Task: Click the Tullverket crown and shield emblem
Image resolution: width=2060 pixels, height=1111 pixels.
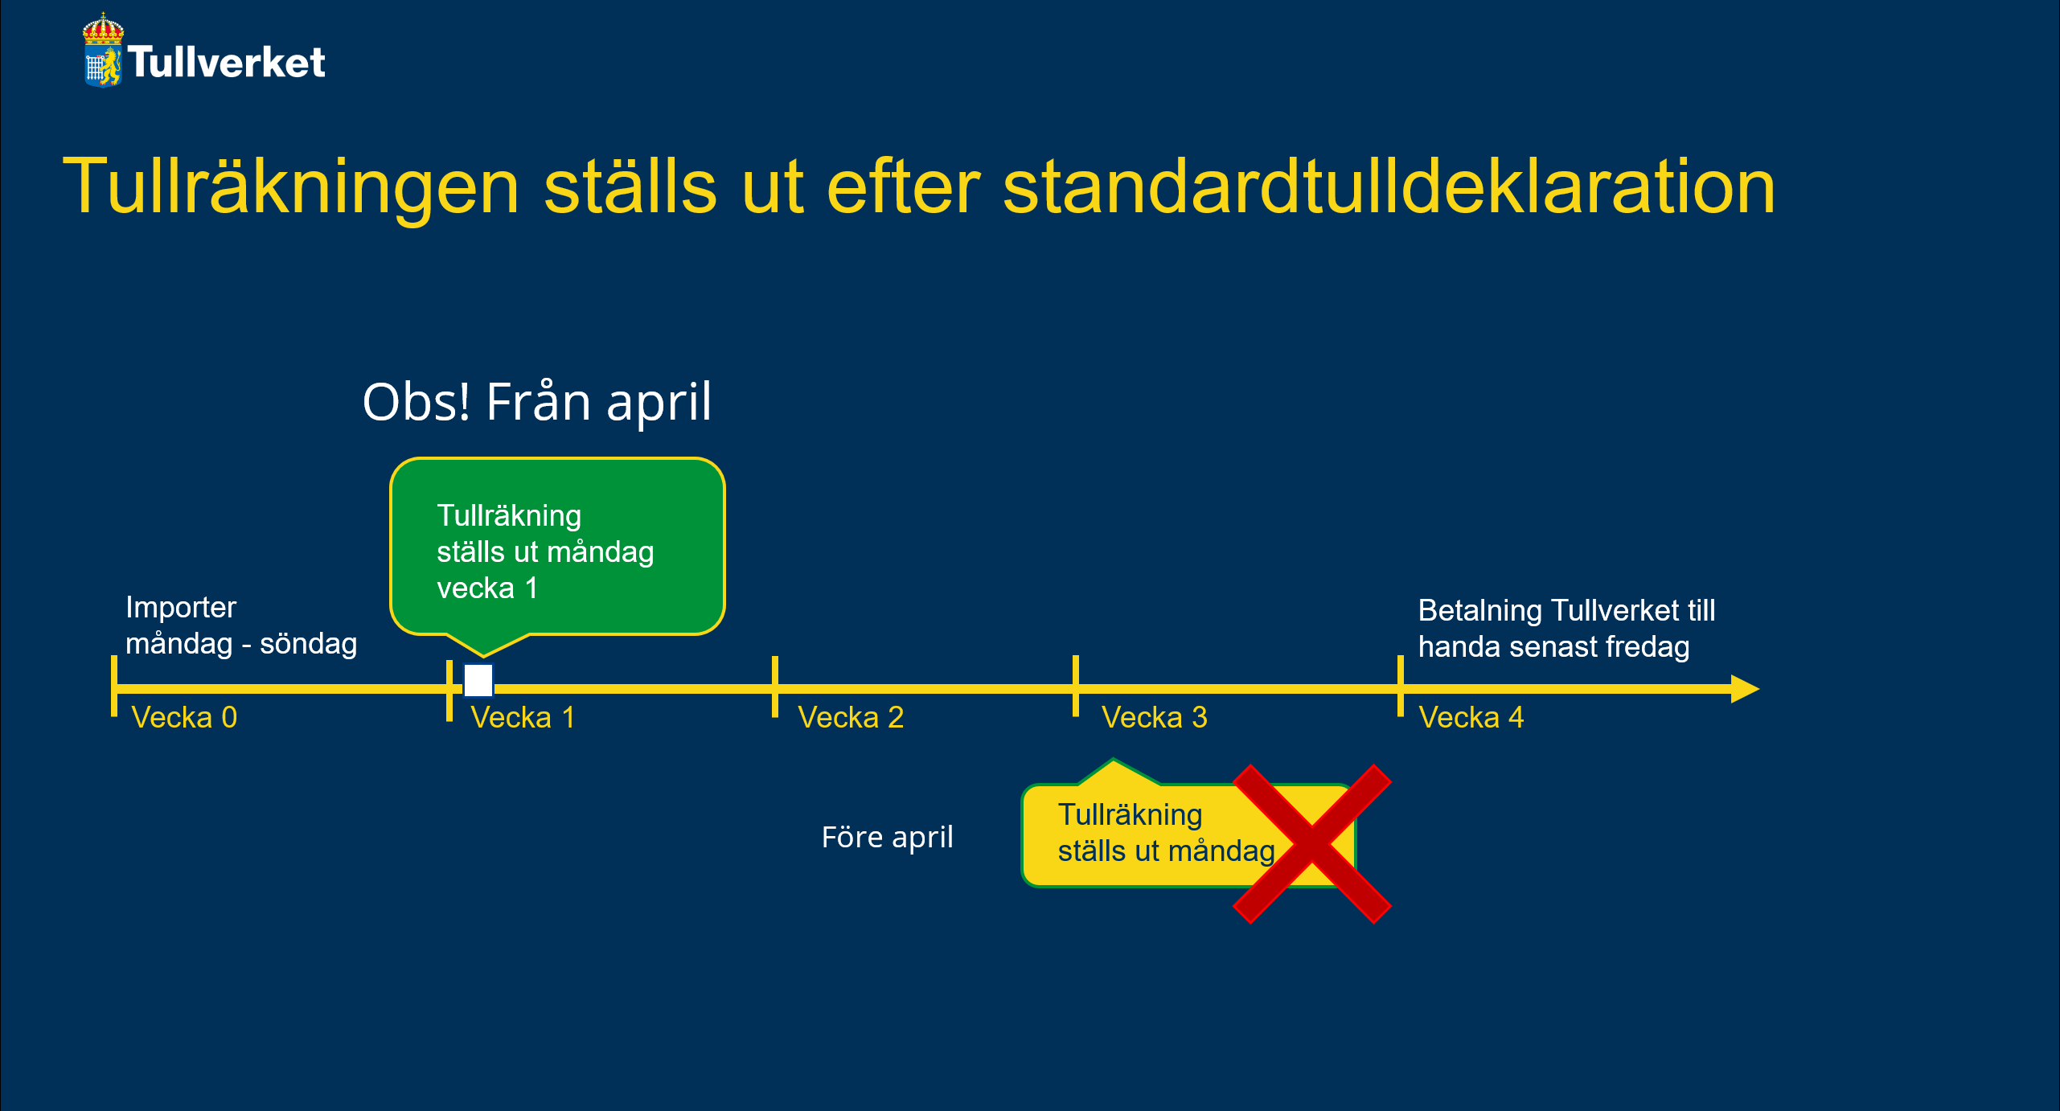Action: pos(103,50)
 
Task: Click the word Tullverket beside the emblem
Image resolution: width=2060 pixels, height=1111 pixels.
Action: pos(227,62)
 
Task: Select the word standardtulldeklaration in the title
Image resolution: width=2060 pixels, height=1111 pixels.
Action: pos(1389,187)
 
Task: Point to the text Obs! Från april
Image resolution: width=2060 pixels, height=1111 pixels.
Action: pos(537,401)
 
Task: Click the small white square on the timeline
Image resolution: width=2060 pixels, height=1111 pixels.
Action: pos(478,681)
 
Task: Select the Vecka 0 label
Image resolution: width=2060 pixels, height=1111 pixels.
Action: pos(184,717)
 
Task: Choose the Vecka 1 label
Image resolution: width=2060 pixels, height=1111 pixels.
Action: pos(523,717)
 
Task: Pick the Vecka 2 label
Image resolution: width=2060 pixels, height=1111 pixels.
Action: pos(851,717)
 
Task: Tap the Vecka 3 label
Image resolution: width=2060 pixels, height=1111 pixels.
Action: pos(1155,717)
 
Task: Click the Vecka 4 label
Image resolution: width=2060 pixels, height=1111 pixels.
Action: pos(1471,717)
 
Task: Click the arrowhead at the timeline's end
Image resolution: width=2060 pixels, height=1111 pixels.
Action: pos(1745,689)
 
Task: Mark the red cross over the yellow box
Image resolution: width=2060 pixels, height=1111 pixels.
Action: pos(1312,844)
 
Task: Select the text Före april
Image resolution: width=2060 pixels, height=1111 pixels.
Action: pos(888,838)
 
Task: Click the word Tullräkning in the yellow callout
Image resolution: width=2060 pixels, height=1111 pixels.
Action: pos(1130,815)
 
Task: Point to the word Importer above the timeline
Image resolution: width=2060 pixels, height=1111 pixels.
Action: pos(181,608)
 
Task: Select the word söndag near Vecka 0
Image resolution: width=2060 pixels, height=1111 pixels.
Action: pos(309,644)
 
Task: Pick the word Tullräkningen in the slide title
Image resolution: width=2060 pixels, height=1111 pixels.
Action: pos(291,188)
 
